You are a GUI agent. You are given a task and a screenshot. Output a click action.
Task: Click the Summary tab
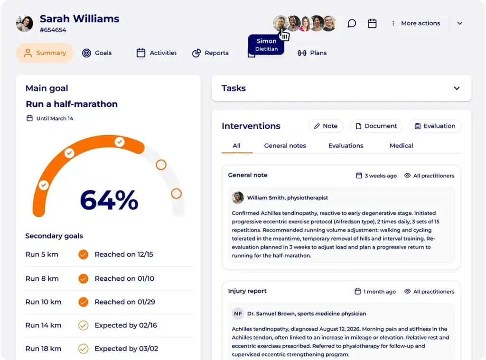(x=45, y=53)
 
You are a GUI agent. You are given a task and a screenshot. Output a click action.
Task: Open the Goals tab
(x=97, y=53)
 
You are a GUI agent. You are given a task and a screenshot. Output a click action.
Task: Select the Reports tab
(x=210, y=53)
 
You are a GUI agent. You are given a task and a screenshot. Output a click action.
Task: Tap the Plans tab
(x=312, y=53)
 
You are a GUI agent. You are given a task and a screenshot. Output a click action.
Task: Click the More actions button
(x=416, y=23)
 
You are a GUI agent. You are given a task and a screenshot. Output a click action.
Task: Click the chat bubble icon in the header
(x=352, y=23)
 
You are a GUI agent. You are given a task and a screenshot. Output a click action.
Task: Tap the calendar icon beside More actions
(x=372, y=23)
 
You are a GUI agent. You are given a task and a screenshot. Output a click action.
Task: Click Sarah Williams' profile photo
(x=25, y=23)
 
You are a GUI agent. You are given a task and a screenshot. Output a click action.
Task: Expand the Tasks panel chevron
(x=457, y=88)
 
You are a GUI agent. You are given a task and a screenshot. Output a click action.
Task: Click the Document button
(x=376, y=126)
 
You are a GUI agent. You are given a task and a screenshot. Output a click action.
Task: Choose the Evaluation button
(x=435, y=126)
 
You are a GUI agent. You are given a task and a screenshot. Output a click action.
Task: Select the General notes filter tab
(x=285, y=146)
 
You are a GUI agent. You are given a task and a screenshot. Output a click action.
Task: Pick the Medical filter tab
(x=401, y=146)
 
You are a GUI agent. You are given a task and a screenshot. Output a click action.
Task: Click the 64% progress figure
(x=109, y=200)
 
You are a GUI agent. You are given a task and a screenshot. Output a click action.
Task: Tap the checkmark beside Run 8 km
(x=83, y=278)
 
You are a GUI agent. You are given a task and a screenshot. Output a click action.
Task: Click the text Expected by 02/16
(x=125, y=325)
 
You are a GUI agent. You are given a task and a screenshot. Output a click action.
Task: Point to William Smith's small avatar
(x=238, y=198)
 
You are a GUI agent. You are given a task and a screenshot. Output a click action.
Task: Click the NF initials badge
(x=238, y=314)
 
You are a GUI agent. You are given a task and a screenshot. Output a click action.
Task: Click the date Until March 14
(x=55, y=119)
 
